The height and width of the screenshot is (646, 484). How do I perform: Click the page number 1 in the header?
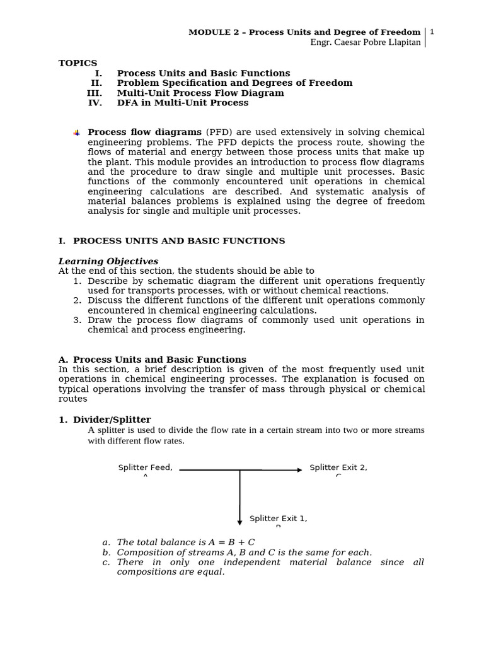(x=432, y=32)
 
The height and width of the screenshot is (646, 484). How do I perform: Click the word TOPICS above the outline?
(x=78, y=63)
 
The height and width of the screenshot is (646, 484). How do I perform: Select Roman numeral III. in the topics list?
(x=94, y=93)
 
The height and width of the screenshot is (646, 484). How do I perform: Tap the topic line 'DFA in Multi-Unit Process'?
(x=183, y=103)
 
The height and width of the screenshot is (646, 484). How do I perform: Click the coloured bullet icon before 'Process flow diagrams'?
(x=76, y=133)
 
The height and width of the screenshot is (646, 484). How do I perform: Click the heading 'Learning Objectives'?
(x=108, y=261)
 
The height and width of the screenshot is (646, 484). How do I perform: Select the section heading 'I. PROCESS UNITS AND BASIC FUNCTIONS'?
(x=171, y=241)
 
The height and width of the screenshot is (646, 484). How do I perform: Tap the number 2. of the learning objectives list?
(x=77, y=300)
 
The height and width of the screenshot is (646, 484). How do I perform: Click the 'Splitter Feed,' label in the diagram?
(x=145, y=467)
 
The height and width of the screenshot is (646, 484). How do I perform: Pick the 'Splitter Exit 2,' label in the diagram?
(x=338, y=467)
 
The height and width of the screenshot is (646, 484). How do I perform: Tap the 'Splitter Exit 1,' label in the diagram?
(x=278, y=519)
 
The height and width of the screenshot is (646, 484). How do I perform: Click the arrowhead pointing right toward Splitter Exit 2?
(x=299, y=470)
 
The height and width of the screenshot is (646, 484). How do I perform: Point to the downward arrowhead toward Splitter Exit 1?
(x=239, y=522)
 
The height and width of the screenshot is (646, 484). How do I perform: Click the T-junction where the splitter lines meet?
(x=239, y=470)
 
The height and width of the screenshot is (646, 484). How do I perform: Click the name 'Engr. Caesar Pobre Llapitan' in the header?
(x=366, y=42)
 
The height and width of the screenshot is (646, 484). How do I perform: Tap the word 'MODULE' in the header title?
(x=210, y=32)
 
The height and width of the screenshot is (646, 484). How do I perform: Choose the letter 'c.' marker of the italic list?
(x=106, y=562)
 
